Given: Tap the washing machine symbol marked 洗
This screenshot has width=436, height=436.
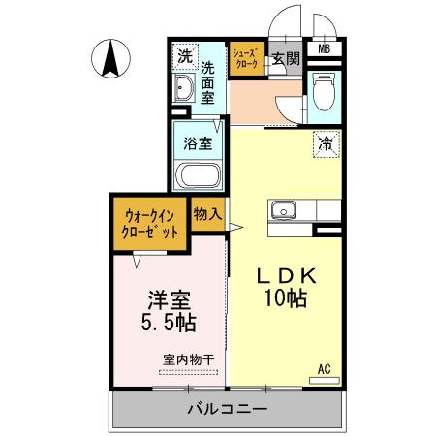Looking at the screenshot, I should (184, 57).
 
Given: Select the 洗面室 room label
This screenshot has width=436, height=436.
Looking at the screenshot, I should (210, 82).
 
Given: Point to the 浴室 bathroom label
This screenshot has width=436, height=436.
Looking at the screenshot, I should (199, 141).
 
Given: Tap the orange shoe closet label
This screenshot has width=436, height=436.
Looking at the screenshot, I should (243, 59).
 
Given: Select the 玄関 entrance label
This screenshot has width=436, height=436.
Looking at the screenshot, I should (286, 59).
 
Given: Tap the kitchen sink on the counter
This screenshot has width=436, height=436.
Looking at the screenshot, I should (284, 209).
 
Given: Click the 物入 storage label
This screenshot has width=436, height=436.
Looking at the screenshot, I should (207, 212).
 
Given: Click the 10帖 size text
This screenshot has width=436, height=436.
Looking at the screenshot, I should (285, 299).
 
